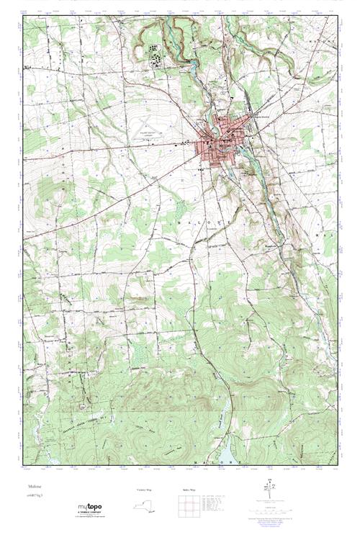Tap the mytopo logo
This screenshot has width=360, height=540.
(x=91, y=508)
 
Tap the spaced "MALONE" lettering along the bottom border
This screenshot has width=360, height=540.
(x=215, y=460)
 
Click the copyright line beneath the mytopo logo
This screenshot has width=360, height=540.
(x=91, y=518)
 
